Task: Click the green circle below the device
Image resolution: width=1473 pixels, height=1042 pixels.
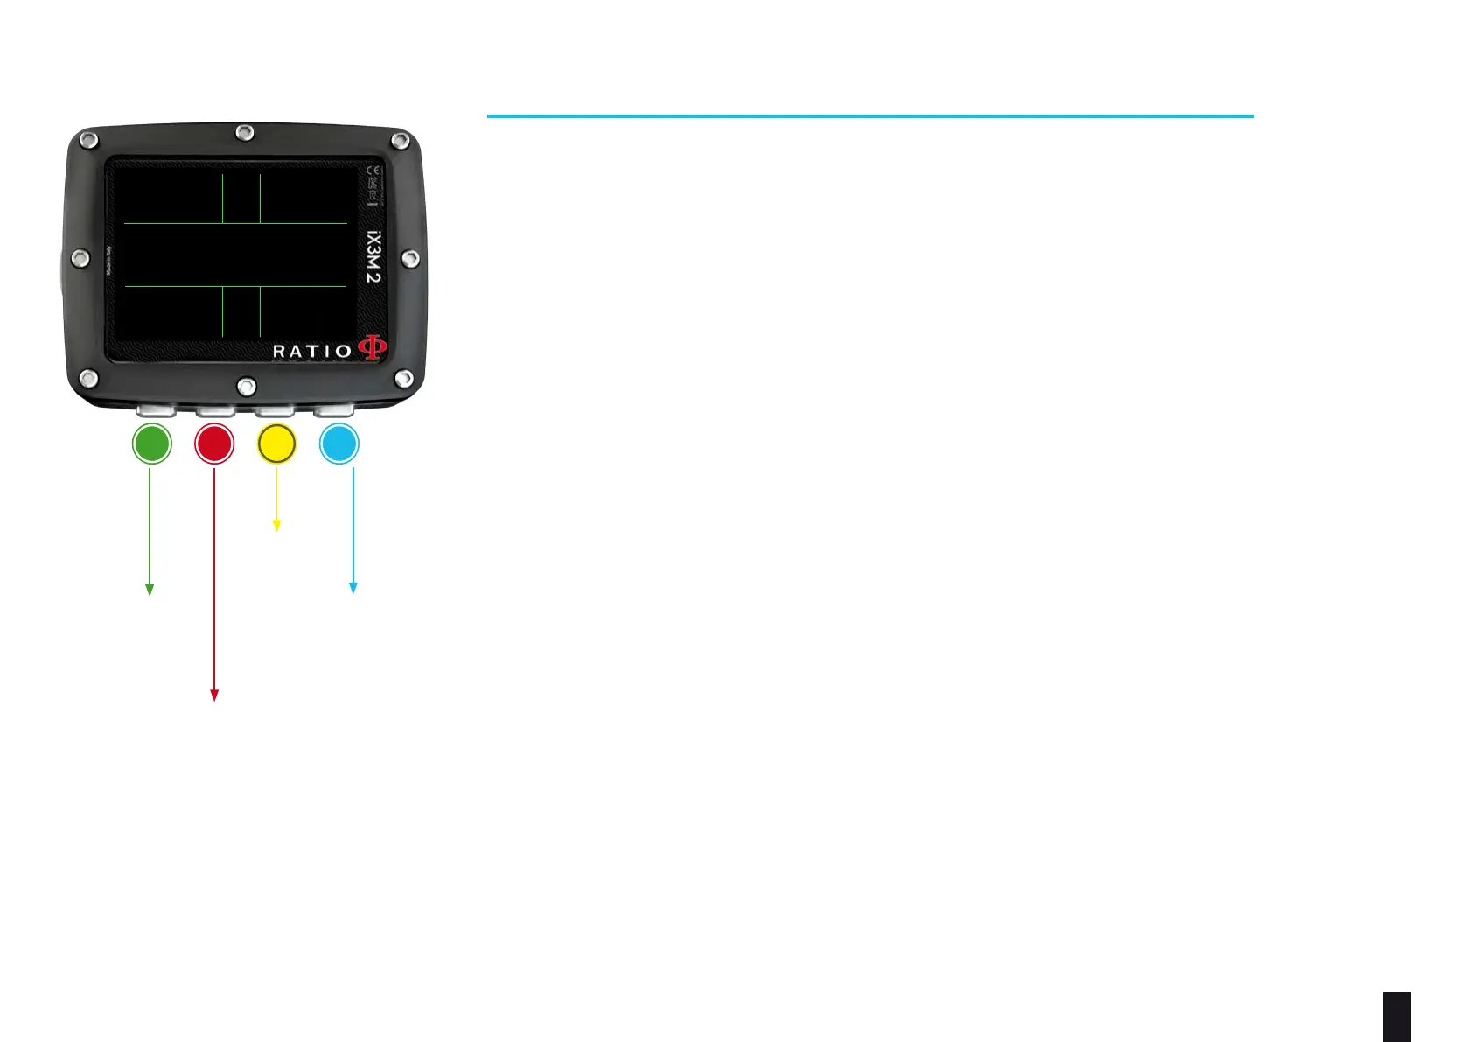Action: point(151,444)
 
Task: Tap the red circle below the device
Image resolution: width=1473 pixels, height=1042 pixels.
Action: point(214,444)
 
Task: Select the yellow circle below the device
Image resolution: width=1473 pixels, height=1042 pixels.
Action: point(276,444)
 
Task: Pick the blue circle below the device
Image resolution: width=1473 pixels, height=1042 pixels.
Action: point(339,444)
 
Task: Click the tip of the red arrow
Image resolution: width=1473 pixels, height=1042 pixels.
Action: point(213,697)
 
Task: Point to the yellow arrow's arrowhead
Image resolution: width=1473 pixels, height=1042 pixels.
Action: point(276,528)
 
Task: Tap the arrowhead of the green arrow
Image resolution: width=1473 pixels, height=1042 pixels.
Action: point(150,592)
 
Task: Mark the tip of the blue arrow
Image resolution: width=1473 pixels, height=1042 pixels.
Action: point(353,591)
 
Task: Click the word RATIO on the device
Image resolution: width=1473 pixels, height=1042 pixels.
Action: point(312,352)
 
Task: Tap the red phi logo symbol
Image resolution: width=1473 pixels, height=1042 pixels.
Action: point(372,348)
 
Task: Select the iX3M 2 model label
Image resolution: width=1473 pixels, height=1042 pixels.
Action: point(373,256)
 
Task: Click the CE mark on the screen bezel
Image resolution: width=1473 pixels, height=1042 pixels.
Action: point(374,171)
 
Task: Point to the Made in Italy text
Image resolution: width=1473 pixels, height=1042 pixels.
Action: point(109,260)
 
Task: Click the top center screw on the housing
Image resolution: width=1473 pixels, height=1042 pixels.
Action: point(245,132)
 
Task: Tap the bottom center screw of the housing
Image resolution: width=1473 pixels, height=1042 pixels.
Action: point(247,385)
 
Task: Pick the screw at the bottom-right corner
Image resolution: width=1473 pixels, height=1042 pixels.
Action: point(404,378)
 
